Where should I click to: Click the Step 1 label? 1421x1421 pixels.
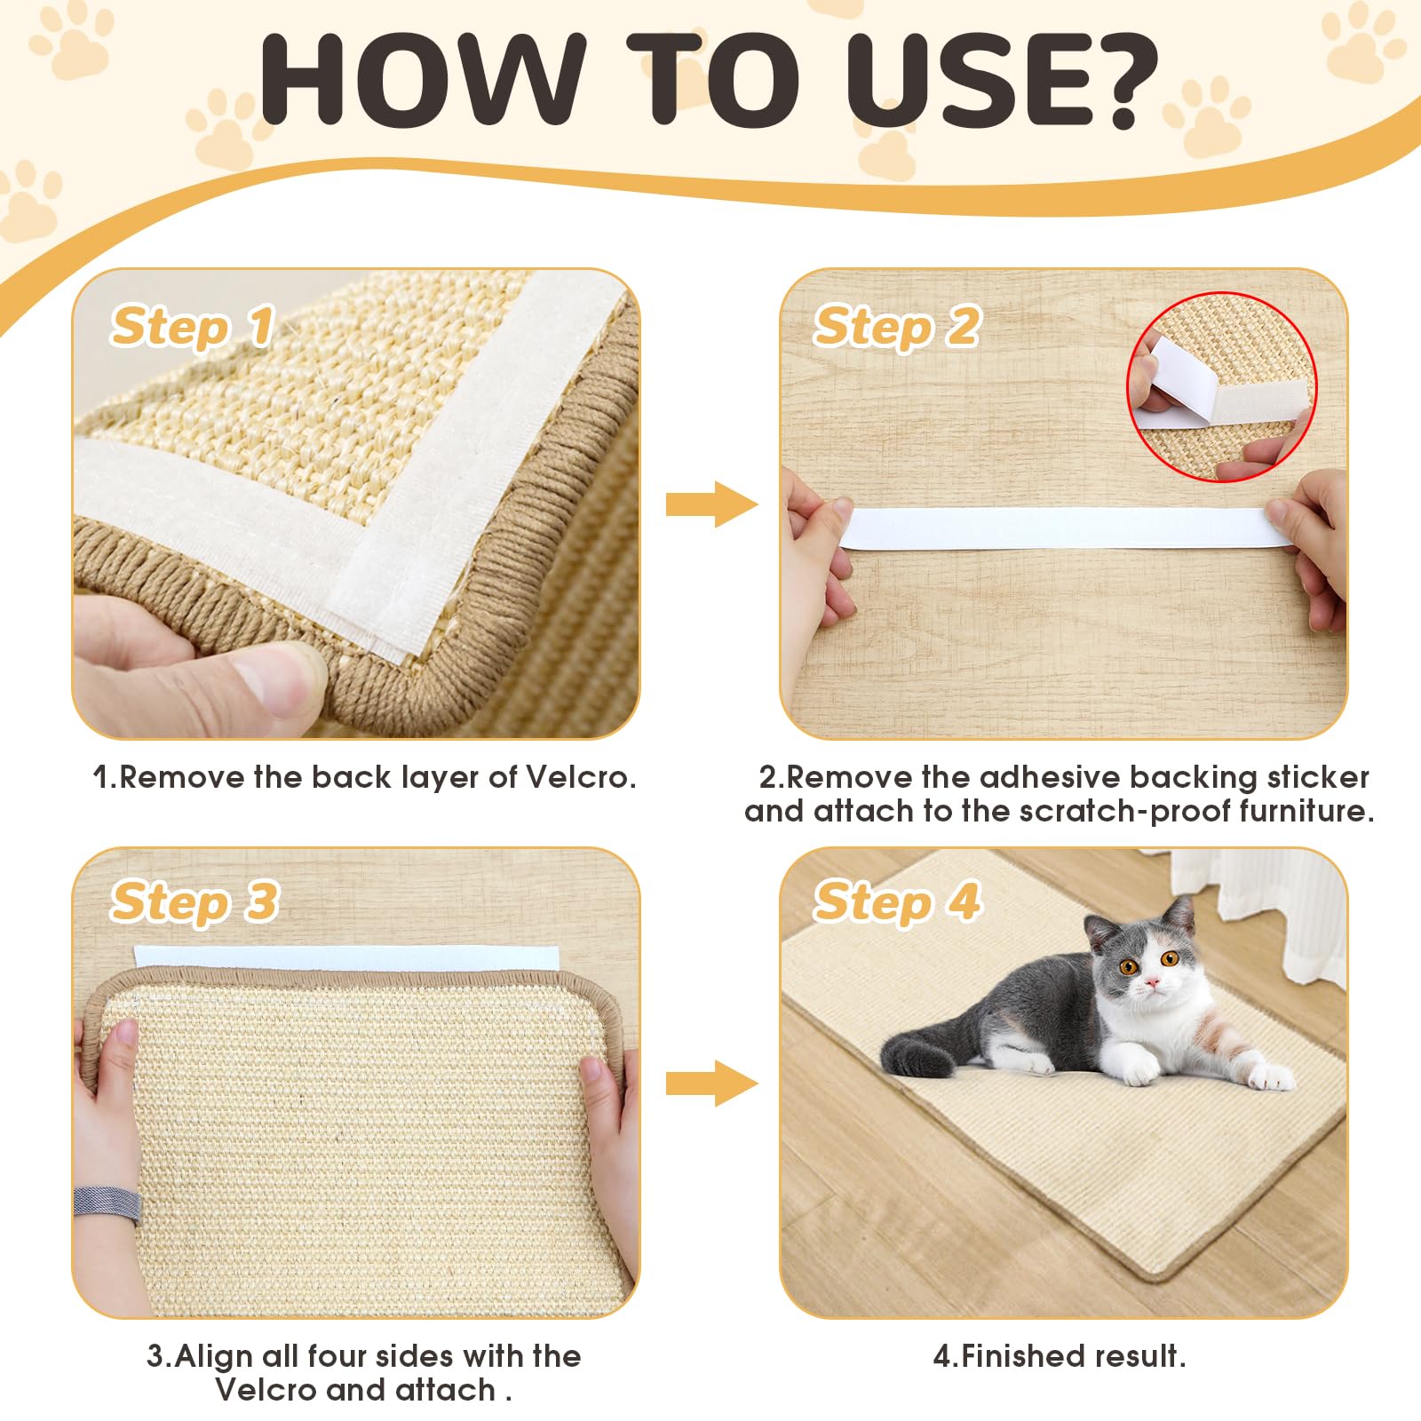(192, 327)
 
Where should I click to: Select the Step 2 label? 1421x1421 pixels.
(897, 327)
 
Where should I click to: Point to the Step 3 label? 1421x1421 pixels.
(194, 902)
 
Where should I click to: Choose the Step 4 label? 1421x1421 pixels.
(897, 902)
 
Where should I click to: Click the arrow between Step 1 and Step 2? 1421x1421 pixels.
(710, 504)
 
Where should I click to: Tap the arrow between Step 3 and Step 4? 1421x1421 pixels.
(710, 1083)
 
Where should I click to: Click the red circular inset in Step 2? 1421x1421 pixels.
(1222, 387)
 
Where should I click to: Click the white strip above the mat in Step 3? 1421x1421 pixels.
(346, 958)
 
